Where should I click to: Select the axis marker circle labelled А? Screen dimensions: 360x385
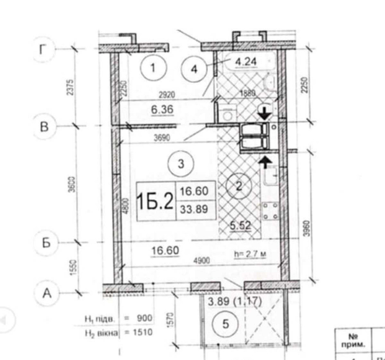[47, 294]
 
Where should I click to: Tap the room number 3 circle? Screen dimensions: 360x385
[181, 164]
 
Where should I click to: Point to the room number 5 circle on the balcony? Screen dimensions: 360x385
[226, 324]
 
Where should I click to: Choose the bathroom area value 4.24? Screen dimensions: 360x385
[246, 61]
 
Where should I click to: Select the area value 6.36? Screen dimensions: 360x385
[162, 110]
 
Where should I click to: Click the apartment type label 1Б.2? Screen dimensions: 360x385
[156, 202]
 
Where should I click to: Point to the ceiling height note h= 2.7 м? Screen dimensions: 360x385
[251, 254]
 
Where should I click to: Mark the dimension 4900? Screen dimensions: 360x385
[202, 261]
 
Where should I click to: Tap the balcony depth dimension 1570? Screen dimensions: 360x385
[172, 318]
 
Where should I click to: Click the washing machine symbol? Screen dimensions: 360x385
[228, 114]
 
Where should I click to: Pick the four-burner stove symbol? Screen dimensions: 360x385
[271, 211]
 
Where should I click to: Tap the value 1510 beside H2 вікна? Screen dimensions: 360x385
[142, 332]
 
